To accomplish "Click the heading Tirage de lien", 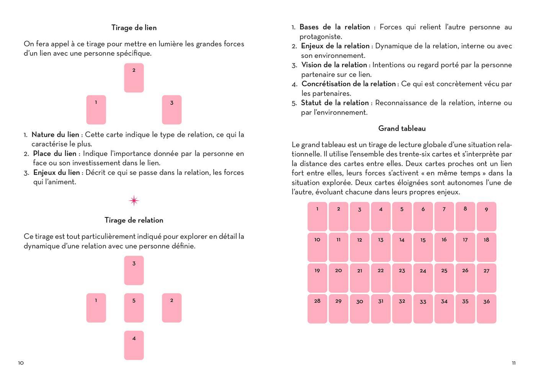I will tap(134, 28).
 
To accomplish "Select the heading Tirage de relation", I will tap(134, 220).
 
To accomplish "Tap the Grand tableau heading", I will tap(402, 129).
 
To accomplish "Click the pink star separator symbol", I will tap(134, 201).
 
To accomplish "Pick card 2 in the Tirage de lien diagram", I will tap(134, 78).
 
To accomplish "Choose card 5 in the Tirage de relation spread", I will tap(134, 308).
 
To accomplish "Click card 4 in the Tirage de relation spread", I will tap(134, 345).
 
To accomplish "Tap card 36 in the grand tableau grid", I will tap(486, 309).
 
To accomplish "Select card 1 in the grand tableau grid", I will tap(317, 217).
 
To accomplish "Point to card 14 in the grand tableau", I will tap(402, 247).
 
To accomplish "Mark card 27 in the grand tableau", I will tap(486, 278).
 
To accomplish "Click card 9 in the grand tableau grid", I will tap(486, 217).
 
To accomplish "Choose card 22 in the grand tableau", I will tap(381, 278).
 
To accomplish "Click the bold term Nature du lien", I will tap(55, 135).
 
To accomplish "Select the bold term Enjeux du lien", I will tap(57, 173).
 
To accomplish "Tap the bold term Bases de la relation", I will tap(335, 27).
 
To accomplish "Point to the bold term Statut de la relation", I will tap(335, 103).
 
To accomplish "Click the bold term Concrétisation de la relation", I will tap(348, 84).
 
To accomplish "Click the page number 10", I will tap(21, 363).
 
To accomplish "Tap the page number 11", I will tap(514, 363).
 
